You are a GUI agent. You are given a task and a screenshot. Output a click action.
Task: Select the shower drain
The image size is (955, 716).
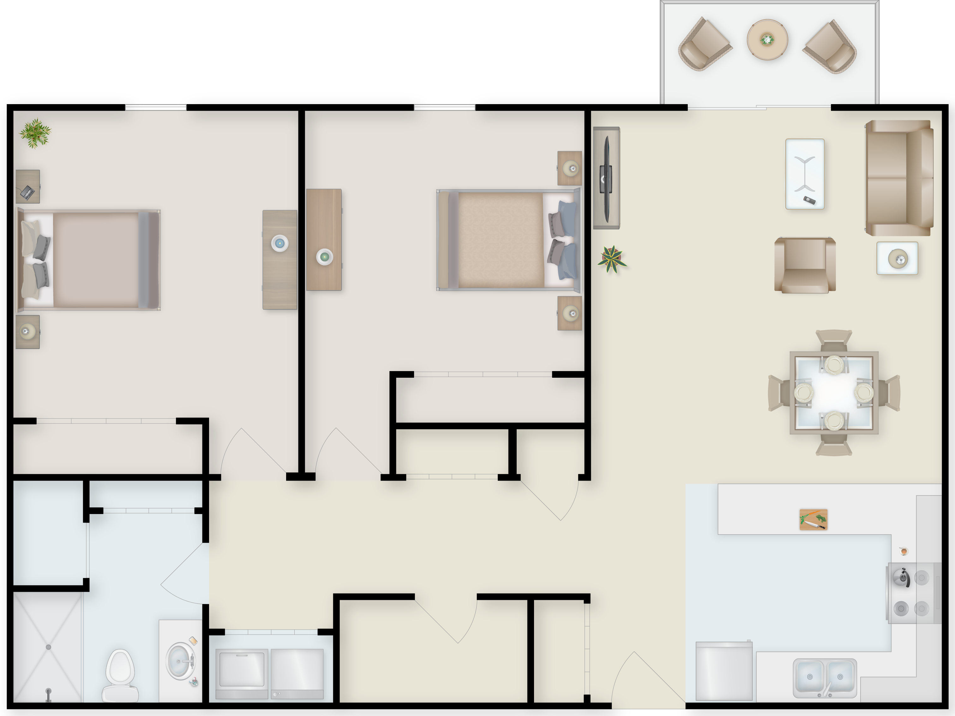point(48,647)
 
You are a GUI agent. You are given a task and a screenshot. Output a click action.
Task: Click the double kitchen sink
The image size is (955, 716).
point(825,678)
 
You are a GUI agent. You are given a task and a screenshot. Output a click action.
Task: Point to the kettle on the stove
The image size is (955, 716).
point(901,577)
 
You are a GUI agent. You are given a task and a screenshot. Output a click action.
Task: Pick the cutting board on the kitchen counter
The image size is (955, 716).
point(814,519)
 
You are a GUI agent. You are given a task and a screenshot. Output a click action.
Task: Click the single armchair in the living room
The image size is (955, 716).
point(805,265)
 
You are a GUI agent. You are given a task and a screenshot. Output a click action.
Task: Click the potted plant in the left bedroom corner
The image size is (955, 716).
point(35,133)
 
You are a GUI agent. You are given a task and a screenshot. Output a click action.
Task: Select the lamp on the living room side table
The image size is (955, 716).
point(898,259)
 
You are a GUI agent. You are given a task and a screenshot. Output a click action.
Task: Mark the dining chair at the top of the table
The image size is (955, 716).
point(834,340)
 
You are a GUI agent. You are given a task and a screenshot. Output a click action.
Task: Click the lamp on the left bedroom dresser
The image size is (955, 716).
point(280,243)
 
